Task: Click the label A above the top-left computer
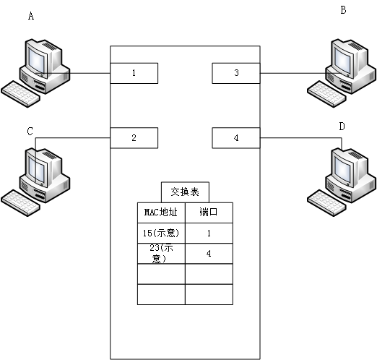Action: (x=30, y=15)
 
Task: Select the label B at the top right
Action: (x=343, y=10)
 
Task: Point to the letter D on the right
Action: (x=342, y=127)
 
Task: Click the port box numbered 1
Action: (x=134, y=73)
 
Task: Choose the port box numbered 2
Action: (x=134, y=137)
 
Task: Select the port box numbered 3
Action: (x=236, y=73)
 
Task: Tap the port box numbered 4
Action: (x=236, y=137)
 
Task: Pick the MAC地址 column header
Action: (x=161, y=213)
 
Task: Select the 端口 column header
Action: (x=209, y=213)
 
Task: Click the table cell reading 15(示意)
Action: (x=161, y=233)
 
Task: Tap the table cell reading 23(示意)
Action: (x=161, y=253)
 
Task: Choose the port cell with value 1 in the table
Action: (x=209, y=233)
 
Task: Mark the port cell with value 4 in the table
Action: (x=209, y=253)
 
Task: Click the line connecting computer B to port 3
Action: (x=289, y=73)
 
